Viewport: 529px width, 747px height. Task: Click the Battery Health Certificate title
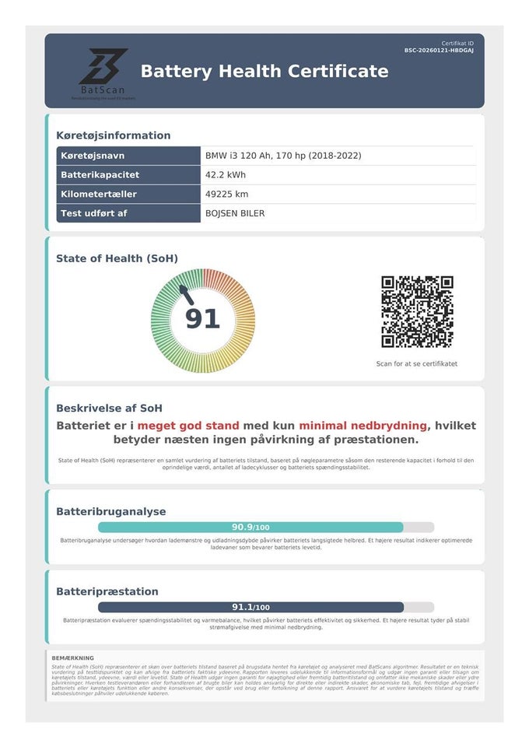(264, 72)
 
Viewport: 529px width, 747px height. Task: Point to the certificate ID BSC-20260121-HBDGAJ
(439, 50)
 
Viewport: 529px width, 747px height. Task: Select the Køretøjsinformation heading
(113, 135)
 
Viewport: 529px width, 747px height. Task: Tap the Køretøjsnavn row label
(92, 156)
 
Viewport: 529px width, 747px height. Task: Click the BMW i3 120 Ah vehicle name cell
(283, 156)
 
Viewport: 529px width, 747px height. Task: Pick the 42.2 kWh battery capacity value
(226, 175)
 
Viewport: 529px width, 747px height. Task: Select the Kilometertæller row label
(100, 194)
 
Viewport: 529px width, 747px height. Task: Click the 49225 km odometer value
(227, 194)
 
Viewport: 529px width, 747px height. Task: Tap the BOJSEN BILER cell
(235, 213)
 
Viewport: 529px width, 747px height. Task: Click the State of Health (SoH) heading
(117, 258)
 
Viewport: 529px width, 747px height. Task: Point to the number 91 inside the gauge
(202, 319)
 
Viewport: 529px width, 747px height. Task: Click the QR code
(417, 311)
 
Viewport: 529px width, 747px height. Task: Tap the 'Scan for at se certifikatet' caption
(417, 363)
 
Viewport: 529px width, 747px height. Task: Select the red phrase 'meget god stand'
(188, 426)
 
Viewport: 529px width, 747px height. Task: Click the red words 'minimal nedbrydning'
(363, 426)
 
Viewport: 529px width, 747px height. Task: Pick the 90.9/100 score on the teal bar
(250, 527)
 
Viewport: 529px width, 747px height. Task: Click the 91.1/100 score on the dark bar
(250, 607)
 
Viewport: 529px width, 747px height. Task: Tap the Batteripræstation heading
(107, 591)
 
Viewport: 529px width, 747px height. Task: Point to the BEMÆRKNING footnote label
(72, 658)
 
